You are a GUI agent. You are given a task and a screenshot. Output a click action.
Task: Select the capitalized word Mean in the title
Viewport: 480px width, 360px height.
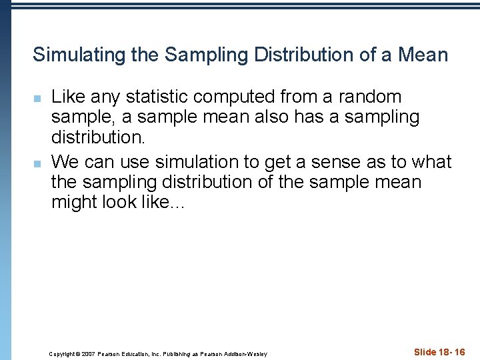(423, 55)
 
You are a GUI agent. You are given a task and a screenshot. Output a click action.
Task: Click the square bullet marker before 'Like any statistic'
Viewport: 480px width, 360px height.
(38, 99)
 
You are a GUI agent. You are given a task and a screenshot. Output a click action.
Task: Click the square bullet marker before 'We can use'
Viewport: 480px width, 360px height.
(38, 163)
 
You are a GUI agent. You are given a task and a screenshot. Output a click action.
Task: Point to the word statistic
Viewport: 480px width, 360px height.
(156, 97)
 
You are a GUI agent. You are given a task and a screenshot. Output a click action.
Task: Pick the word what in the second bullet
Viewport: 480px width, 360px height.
(431, 162)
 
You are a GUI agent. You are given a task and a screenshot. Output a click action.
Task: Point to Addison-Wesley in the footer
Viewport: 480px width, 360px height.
(247, 354)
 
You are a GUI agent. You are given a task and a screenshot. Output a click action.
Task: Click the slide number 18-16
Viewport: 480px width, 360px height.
(450, 352)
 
